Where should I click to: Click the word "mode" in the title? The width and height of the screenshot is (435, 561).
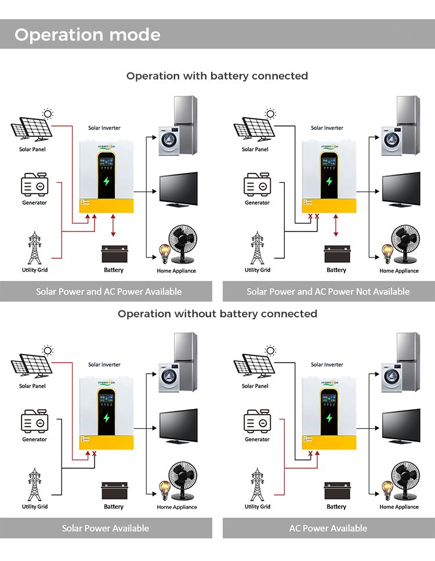click(x=130, y=35)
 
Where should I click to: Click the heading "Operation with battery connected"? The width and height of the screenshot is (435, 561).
click(x=217, y=76)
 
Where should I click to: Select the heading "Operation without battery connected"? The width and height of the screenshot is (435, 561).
click(x=217, y=314)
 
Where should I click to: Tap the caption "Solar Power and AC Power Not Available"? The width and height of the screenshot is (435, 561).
click(x=328, y=291)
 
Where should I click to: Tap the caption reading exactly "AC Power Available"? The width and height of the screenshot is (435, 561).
click(x=328, y=528)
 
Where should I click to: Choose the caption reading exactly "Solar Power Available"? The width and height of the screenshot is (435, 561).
click(x=106, y=528)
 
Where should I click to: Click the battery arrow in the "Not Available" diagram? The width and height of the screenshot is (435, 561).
click(x=336, y=225)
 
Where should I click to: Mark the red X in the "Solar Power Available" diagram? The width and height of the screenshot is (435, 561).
click(x=94, y=453)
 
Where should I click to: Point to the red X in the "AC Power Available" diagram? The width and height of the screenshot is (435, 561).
click(x=310, y=453)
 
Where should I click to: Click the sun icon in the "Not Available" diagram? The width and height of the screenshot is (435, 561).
click(x=270, y=114)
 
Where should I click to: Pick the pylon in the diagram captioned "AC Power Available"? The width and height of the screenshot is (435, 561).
click(x=257, y=484)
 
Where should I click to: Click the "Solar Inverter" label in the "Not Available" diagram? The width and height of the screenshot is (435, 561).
click(x=327, y=128)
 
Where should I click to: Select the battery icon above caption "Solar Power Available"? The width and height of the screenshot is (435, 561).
click(x=114, y=491)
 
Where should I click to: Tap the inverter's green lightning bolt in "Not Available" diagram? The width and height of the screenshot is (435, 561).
click(x=329, y=181)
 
